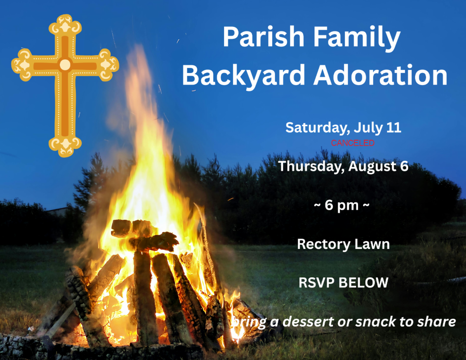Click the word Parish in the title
coord(264,37)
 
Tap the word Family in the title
coord(357,38)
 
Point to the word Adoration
coord(381,75)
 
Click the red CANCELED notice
coord(353,143)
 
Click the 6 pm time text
coord(341,205)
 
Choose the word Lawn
coord(372,244)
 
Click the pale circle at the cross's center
coord(65,65)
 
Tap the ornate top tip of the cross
coord(65,24)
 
